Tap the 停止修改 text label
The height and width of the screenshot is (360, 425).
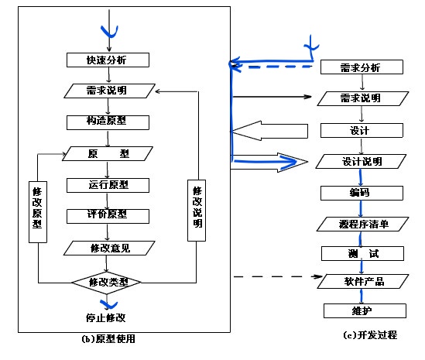[x=106, y=317]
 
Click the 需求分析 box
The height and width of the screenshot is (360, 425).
[x=361, y=67]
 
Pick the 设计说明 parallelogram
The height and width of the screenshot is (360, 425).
[x=361, y=162]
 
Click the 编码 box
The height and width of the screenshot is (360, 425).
[x=361, y=192]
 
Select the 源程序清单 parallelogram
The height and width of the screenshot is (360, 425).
[x=361, y=224]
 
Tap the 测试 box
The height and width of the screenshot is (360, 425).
[x=361, y=254]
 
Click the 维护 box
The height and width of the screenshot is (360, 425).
[x=361, y=310]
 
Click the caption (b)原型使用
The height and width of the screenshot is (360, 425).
[x=112, y=339]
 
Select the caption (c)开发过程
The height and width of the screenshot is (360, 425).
[x=369, y=335]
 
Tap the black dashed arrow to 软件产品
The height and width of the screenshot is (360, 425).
[x=275, y=276]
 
